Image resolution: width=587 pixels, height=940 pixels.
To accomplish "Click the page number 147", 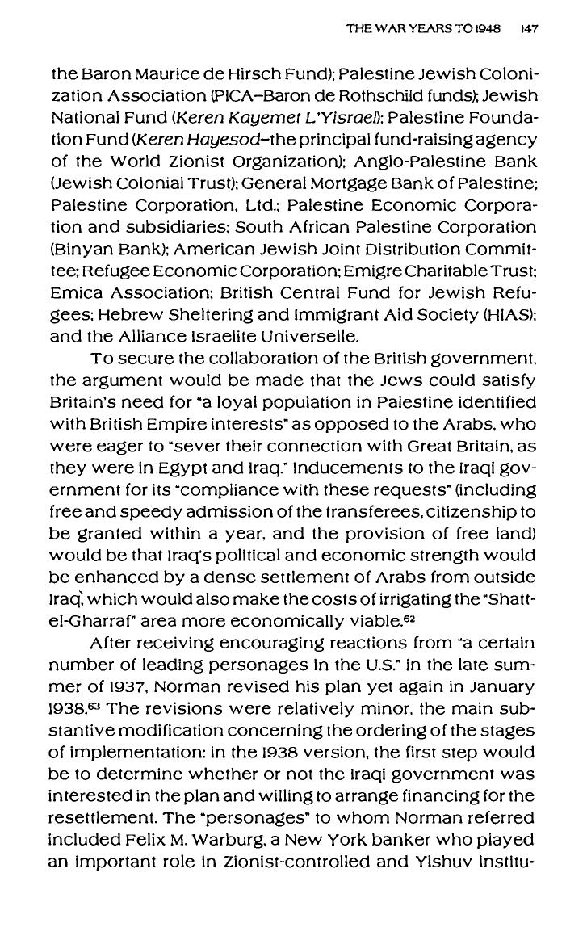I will click(x=530, y=28).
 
